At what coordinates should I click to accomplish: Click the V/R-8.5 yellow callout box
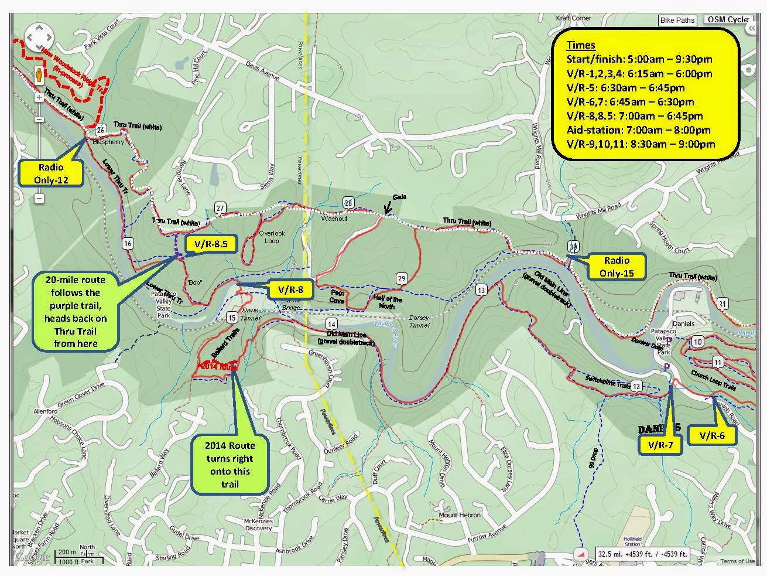(210, 243)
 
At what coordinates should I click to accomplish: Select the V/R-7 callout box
(660, 445)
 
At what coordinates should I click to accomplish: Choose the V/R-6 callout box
(711, 435)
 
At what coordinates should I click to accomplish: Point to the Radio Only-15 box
(617, 267)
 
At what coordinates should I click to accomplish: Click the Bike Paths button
(677, 20)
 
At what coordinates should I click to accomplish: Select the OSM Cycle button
(728, 19)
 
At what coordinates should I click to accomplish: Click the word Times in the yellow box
(581, 45)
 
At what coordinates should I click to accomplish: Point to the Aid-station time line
(638, 130)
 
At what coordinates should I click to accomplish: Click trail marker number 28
(348, 203)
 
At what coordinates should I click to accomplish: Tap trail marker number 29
(402, 278)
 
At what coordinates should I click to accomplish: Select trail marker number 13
(481, 290)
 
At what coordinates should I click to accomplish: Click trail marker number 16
(128, 243)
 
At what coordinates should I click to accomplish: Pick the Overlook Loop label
(272, 237)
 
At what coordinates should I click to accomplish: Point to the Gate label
(400, 197)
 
